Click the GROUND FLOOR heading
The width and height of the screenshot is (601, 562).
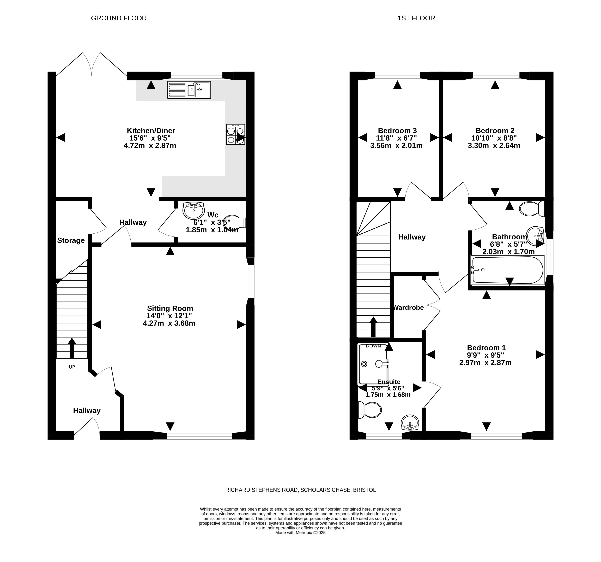pos(119,18)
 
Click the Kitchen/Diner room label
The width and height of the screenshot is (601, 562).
pos(151,131)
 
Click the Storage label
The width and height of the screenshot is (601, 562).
pos(71,240)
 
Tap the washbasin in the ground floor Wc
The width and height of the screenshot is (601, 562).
pos(194,211)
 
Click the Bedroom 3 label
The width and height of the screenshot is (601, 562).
pos(397,131)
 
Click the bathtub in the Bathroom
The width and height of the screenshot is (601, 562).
pos(507,270)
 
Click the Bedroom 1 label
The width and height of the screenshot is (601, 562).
pos(486,348)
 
